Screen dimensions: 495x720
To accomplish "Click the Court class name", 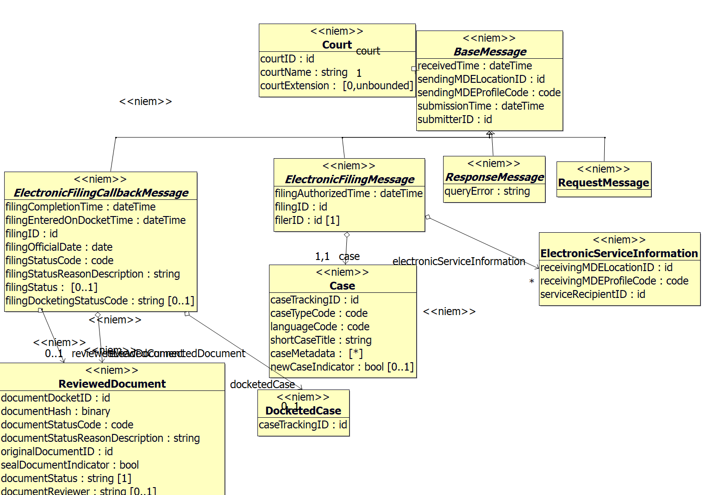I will click(x=337, y=45).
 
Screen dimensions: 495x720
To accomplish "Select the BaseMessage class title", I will click(x=490, y=52).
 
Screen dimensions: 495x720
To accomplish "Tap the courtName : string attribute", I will click(x=304, y=73).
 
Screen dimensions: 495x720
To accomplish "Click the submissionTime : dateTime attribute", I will click(x=481, y=106).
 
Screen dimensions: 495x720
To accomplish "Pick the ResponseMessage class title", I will click(x=495, y=177).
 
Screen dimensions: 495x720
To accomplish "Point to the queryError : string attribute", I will click(x=487, y=191).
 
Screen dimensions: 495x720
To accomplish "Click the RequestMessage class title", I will click(x=604, y=183).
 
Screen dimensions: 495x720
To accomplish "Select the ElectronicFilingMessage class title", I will click(x=350, y=179).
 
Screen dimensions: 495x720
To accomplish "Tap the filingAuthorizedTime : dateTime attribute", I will click(x=349, y=193).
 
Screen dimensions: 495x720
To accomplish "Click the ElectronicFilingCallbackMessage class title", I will click(x=101, y=193).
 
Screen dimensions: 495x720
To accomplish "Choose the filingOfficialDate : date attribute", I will click(x=59, y=247).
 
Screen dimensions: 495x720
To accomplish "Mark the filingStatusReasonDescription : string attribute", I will click(x=93, y=274).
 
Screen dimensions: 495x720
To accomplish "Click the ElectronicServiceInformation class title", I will click(x=619, y=254).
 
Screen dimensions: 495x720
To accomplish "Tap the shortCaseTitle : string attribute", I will click(x=321, y=340).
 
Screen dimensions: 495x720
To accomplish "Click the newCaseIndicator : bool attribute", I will click(x=342, y=367).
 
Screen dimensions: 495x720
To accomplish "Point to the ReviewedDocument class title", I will click(x=112, y=384).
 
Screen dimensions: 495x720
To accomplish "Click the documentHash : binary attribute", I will click(x=56, y=411).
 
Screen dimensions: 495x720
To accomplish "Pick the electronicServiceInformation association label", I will click(x=459, y=261).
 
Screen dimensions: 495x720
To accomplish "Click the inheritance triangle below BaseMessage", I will click(x=490, y=134).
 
